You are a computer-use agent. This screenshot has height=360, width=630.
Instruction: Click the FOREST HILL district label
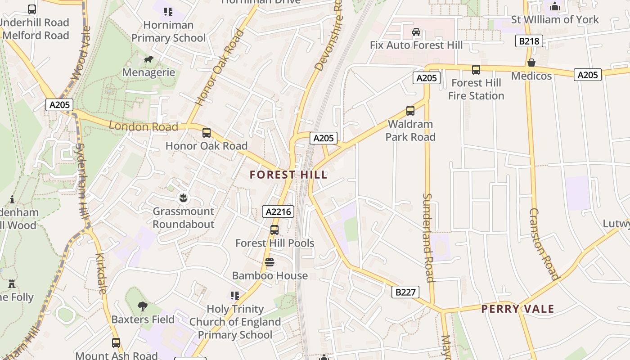[x=288, y=175]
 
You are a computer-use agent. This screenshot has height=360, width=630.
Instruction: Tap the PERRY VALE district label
[x=517, y=309]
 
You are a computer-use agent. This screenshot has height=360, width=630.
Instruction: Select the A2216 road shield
[x=278, y=211]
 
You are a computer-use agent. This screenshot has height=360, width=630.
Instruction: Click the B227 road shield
[x=405, y=292]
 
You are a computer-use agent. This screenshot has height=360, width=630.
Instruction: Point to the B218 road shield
[x=529, y=41]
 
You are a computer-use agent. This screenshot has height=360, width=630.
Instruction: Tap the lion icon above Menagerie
[x=148, y=59]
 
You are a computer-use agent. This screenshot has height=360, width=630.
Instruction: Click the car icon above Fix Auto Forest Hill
[x=416, y=32]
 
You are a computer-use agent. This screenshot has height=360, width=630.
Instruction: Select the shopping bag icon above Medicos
[x=531, y=63]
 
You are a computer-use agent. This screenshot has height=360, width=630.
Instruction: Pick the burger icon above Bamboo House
[x=270, y=262]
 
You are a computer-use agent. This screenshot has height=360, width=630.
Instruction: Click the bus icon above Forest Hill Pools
[x=274, y=230]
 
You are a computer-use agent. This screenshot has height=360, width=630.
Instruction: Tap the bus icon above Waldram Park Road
[x=410, y=111]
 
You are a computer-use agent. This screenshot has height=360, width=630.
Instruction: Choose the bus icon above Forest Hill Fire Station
[x=476, y=70]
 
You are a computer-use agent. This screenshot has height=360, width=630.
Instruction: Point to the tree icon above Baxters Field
[x=143, y=306]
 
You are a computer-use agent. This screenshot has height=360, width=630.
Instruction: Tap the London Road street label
[x=144, y=126]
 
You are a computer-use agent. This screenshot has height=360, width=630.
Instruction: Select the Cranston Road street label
[x=544, y=244]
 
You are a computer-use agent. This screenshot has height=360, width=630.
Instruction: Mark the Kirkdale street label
[x=101, y=274]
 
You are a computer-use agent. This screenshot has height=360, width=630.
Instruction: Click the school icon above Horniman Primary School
[x=168, y=12]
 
